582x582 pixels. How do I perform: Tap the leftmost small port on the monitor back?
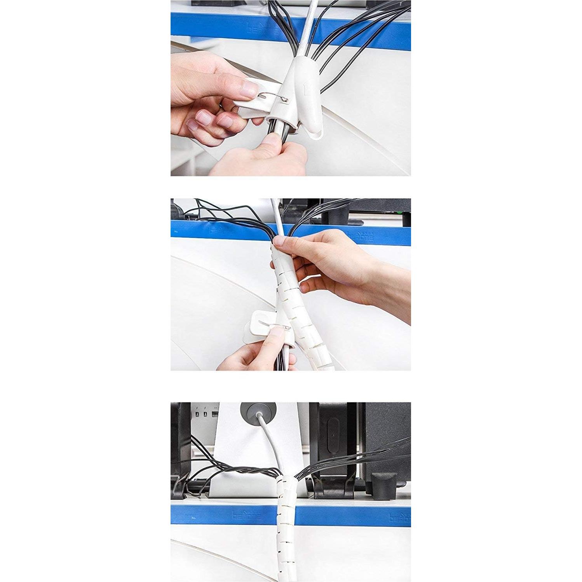[x=197, y=414]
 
